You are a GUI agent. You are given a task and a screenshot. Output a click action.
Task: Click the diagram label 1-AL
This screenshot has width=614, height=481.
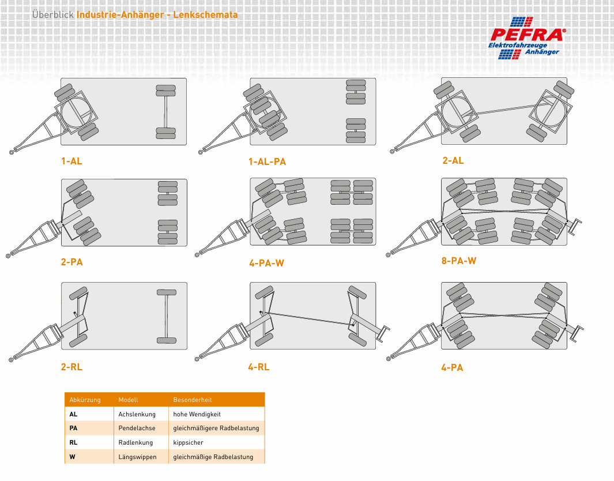(x=71, y=161)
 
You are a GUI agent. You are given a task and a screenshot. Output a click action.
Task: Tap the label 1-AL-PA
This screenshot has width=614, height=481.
(x=267, y=161)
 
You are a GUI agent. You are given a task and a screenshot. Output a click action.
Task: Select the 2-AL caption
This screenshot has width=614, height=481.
(x=453, y=160)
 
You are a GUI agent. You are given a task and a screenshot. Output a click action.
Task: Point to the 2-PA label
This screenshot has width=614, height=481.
(x=71, y=262)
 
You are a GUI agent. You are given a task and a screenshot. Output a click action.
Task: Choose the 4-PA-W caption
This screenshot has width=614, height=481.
(x=266, y=263)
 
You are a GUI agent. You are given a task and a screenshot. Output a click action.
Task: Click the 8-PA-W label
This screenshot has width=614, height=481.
(x=458, y=261)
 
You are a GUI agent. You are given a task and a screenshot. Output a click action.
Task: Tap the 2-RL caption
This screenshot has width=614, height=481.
(x=71, y=367)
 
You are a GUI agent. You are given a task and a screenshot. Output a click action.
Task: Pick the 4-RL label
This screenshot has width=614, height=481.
(x=258, y=367)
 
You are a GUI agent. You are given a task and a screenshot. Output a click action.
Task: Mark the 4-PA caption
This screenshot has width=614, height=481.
(x=452, y=367)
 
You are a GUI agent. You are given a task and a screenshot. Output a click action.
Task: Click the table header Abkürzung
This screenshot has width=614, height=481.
(x=85, y=400)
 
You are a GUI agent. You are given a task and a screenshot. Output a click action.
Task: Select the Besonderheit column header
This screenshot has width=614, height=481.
(x=192, y=400)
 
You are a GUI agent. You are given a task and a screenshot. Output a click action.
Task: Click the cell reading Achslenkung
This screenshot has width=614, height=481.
(x=137, y=414)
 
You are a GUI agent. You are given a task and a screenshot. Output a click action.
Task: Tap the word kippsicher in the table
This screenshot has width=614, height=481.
(x=188, y=442)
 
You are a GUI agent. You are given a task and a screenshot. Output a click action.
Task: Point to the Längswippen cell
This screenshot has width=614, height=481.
(x=137, y=457)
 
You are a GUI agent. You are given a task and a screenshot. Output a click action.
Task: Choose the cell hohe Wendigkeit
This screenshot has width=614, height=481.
(x=197, y=414)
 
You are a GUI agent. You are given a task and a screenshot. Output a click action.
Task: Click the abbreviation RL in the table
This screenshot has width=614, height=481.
(x=73, y=442)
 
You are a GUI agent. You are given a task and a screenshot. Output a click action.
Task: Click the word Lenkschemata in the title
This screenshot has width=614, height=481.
(x=205, y=15)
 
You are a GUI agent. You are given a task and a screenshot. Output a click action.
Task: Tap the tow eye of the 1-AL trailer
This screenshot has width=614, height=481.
(x=12, y=152)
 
